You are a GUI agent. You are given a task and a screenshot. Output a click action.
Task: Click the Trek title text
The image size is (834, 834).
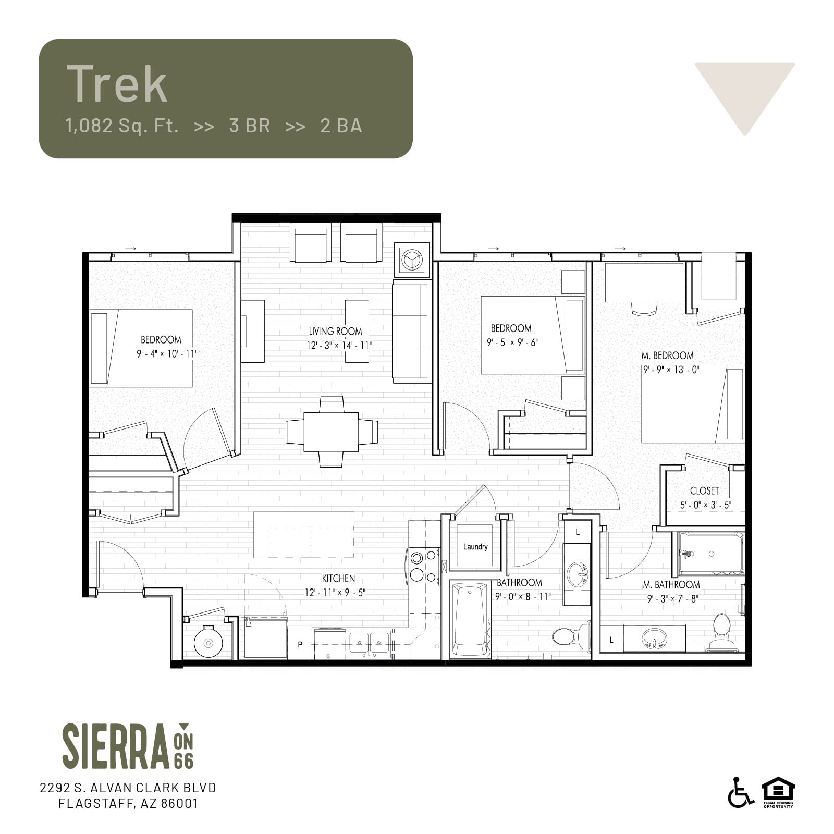click(x=117, y=84)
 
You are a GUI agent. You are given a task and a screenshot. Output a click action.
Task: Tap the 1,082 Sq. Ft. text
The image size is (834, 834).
click(x=122, y=126)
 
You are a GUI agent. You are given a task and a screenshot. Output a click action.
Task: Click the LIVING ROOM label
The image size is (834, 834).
click(x=335, y=332)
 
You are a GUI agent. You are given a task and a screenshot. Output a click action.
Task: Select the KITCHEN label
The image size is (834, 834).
click(x=338, y=579)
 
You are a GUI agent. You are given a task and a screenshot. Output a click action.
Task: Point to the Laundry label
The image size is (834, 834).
click(x=475, y=547)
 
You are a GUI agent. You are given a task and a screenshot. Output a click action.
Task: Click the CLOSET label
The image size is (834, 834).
click(x=704, y=491)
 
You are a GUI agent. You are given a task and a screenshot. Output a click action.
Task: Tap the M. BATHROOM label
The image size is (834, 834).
click(x=671, y=585)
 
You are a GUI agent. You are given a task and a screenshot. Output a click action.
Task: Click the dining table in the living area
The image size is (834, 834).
click(x=332, y=432)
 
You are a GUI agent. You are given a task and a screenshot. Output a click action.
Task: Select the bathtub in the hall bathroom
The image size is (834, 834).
click(x=470, y=620)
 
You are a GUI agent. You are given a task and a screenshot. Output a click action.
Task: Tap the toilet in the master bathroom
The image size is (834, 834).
click(x=722, y=632)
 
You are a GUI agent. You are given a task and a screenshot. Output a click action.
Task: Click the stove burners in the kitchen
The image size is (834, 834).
click(x=424, y=566)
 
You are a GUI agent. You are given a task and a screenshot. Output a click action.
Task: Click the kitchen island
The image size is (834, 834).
click(x=304, y=535)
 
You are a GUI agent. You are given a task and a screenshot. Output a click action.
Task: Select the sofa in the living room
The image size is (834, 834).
click(x=412, y=332)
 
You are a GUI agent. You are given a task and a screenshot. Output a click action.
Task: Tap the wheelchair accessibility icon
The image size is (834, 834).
click(x=740, y=792)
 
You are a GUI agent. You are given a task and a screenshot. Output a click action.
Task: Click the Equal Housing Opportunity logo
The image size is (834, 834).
click(x=778, y=792)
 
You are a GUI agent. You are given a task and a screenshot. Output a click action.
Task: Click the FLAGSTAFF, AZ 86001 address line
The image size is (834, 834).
click(x=128, y=803)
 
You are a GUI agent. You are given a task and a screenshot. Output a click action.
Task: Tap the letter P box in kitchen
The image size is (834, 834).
click(x=300, y=644)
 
